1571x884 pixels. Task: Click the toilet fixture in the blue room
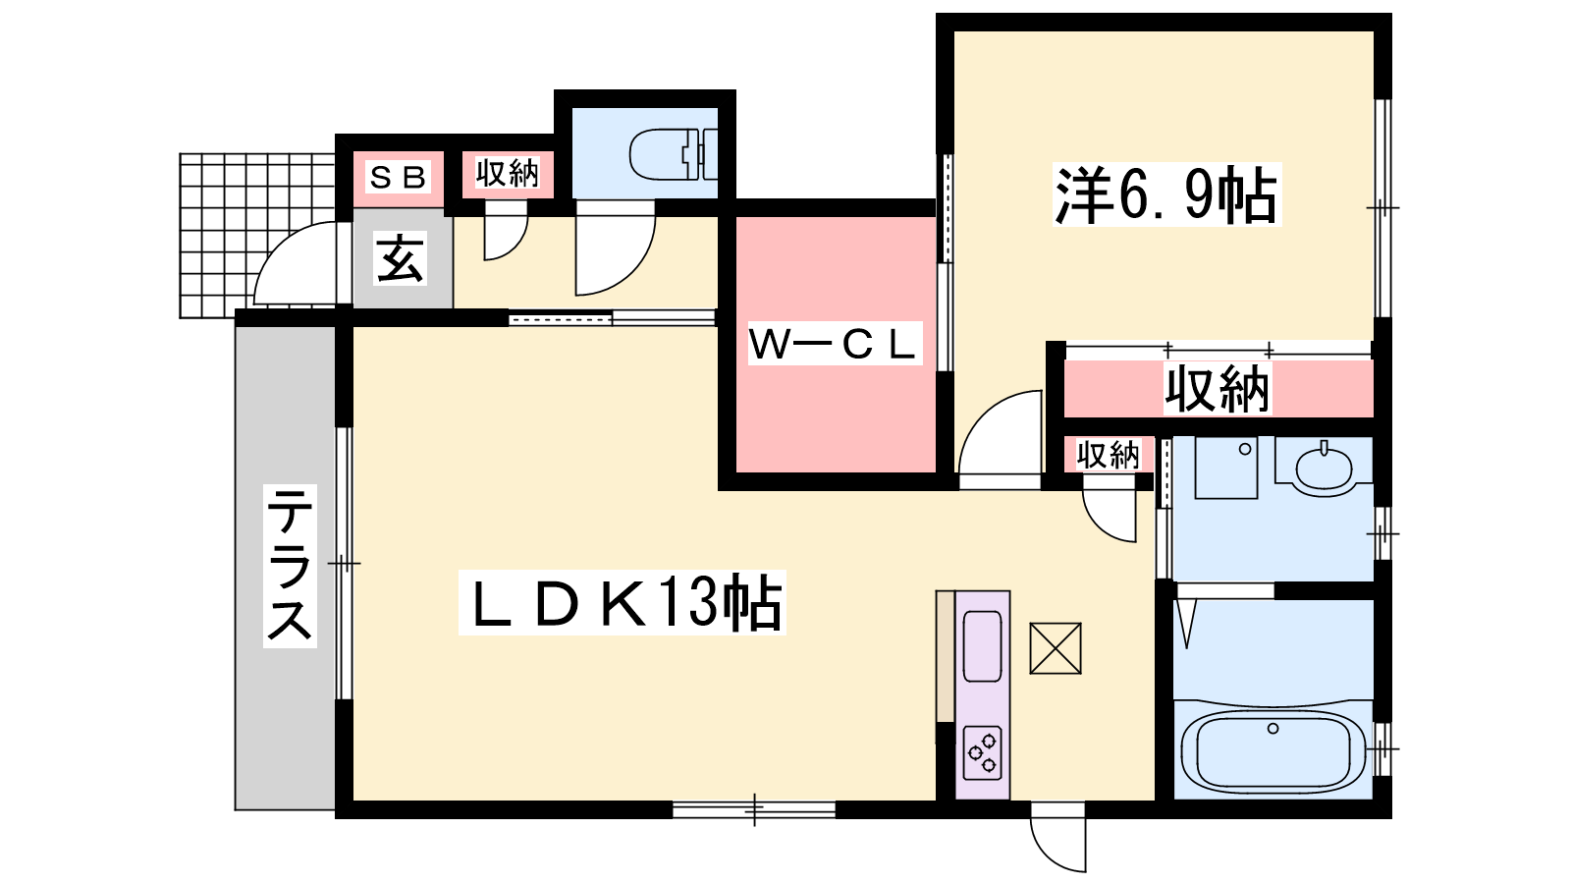[x=674, y=154]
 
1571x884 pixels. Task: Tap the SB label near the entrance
[x=398, y=178]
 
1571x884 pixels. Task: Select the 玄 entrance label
[x=400, y=258]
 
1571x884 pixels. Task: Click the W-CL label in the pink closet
[x=834, y=343]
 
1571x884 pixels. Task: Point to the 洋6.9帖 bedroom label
[x=1166, y=194]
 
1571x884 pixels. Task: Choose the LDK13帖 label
[x=622, y=603]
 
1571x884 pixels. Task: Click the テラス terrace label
[x=290, y=566]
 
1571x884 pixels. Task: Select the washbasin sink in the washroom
[x=1324, y=466]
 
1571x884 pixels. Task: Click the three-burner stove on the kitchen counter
[x=982, y=753]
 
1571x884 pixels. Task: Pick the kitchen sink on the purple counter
[x=982, y=646]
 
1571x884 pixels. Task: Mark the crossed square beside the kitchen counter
[x=1055, y=648]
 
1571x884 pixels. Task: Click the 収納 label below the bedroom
[x=1218, y=389]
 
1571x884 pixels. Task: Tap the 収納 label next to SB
[x=507, y=173]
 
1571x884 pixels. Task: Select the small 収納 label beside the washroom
[x=1109, y=456]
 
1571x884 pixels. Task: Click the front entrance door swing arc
[x=295, y=263]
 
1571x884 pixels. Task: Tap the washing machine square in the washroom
[x=1226, y=468]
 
